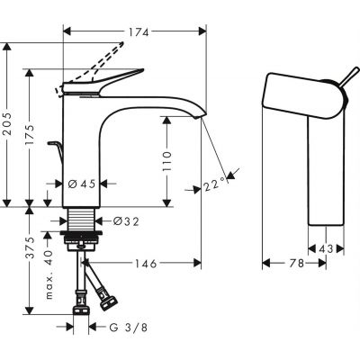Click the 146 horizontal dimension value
[145, 264]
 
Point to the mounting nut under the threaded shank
[83, 239]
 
